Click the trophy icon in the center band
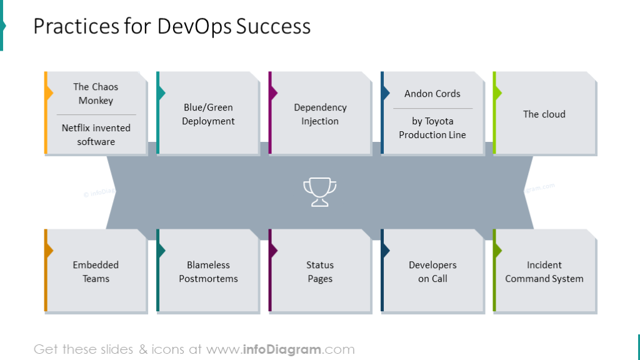pos(319,192)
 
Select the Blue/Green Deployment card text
pos(208,114)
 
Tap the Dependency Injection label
pos(320,114)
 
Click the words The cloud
pos(544,114)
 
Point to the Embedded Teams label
pos(96,272)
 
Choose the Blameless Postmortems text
pos(208,272)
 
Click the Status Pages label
pos(320,272)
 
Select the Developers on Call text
pos(432,272)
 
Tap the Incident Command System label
pos(544,272)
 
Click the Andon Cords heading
pos(432,94)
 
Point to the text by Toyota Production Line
pos(432,128)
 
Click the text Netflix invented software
pos(96,135)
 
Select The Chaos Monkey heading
pos(96,94)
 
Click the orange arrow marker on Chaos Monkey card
pos(49,93)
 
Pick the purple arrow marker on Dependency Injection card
pos(273,93)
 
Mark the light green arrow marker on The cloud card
pos(497,93)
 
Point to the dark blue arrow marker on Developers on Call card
pos(385,251)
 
